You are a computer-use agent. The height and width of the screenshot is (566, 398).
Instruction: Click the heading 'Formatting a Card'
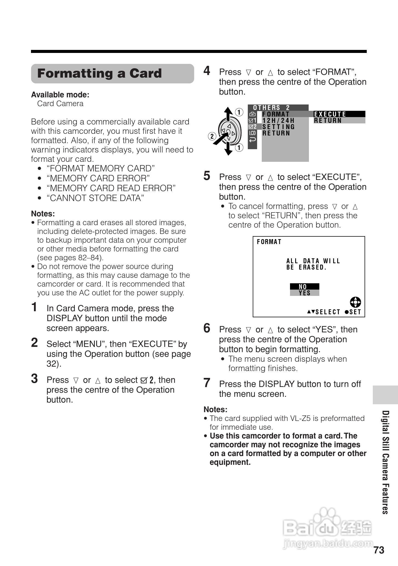[99, 73]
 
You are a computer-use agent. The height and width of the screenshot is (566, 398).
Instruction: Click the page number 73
[379, 550]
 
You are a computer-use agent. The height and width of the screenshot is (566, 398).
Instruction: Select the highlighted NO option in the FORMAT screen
[304, 287]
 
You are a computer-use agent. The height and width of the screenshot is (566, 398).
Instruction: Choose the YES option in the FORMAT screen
[304, 293]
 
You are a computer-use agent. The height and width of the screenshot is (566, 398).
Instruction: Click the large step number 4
[207, 71]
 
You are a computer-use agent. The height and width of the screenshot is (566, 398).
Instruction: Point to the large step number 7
[207, 383]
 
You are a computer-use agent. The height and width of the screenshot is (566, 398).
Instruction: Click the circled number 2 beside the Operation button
[212, 136]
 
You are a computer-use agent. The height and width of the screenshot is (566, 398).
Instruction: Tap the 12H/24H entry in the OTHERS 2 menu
[278, 121]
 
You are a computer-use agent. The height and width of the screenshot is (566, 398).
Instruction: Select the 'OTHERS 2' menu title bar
[277, 107]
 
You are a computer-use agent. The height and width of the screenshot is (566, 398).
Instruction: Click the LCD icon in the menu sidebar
[252, 133]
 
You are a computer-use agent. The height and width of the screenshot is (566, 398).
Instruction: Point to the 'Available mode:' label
[60, 95]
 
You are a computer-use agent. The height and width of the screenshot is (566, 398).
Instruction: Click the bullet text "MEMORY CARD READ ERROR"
[111, 188]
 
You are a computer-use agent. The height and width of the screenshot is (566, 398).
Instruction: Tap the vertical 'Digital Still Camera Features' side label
[385, 462]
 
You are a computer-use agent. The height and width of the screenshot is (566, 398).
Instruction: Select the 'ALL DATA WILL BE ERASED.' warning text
[313, 264]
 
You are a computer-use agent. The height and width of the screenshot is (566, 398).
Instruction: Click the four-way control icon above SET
[356, 302]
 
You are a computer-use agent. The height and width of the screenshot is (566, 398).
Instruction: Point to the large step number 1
[34, 307]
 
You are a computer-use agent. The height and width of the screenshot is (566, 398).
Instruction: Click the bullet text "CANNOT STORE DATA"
[95, 198]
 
